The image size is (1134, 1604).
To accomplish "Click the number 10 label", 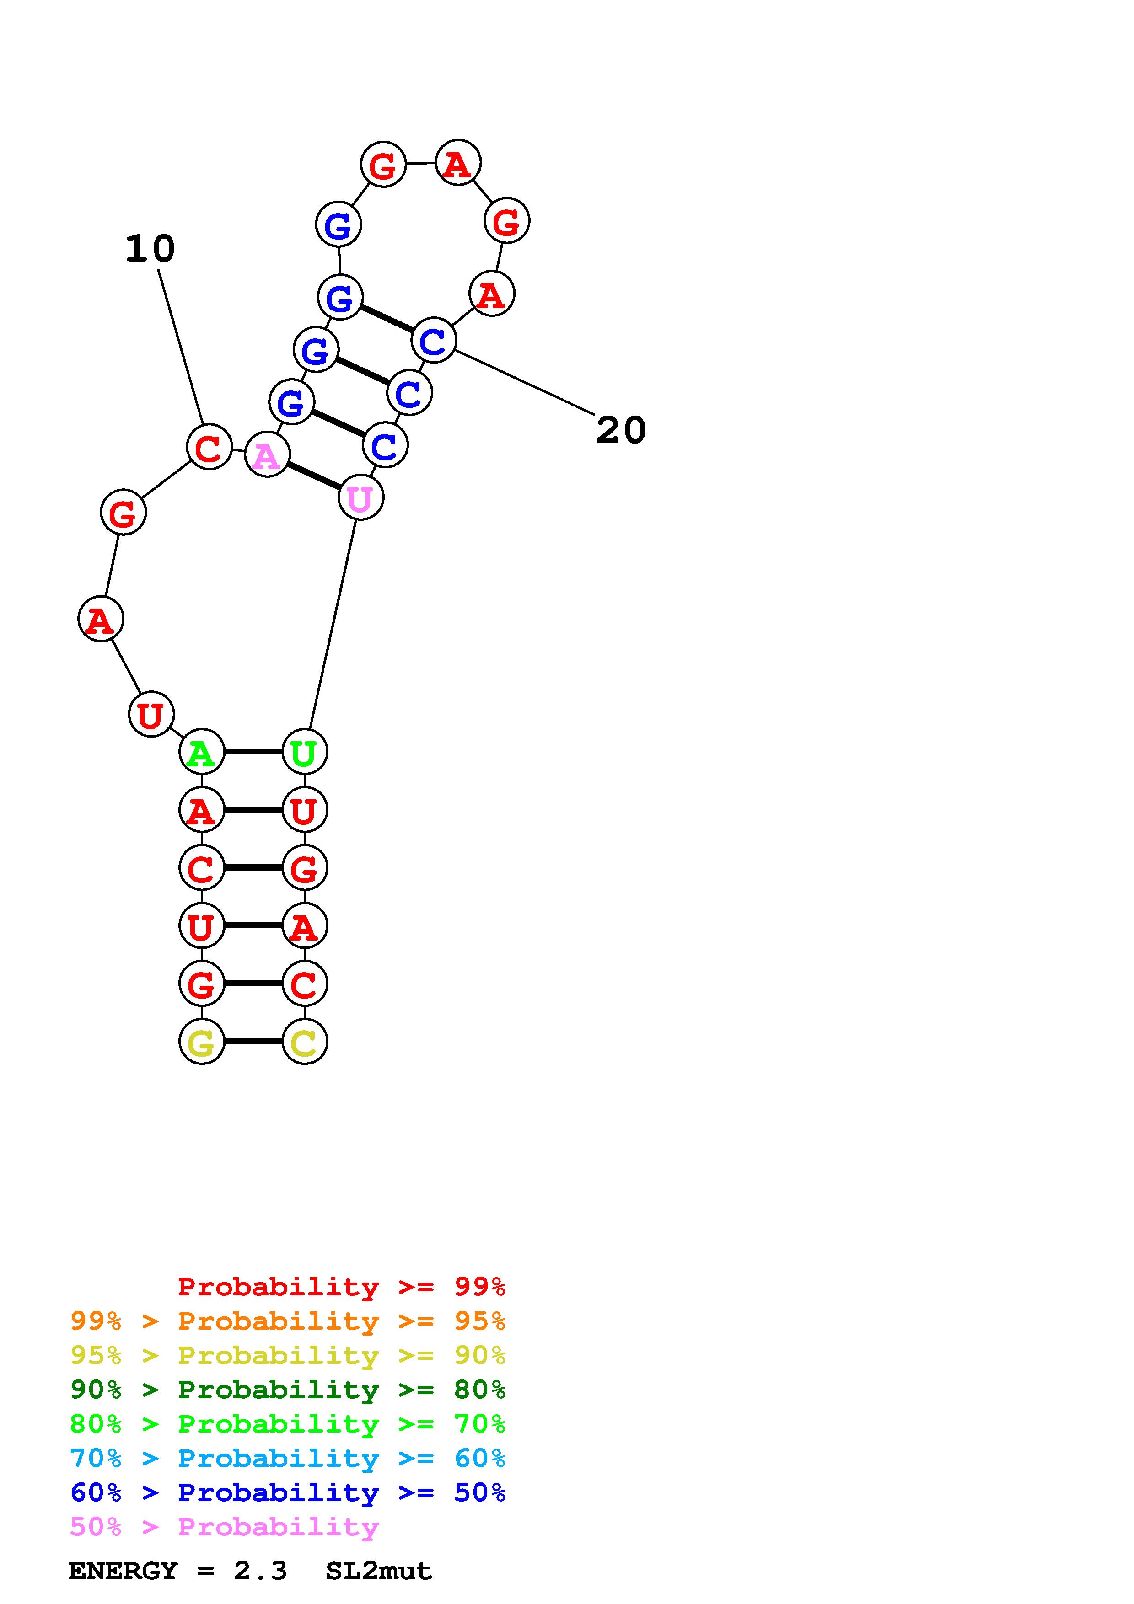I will [150, 249].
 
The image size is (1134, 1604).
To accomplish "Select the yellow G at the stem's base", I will [201, 1042].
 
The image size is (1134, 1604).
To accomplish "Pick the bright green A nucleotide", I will [201, 752].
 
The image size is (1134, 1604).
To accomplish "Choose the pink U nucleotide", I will [360, 498].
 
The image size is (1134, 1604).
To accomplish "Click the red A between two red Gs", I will [457, 164].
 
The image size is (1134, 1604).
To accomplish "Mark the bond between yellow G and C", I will [253, 1042].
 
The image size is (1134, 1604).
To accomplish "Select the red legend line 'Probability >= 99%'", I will [341, 1286].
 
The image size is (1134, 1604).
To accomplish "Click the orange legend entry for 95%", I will [287, 1321].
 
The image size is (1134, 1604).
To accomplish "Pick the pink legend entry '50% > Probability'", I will [224, 1527].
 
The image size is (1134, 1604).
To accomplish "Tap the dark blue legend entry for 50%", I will [287, 1493].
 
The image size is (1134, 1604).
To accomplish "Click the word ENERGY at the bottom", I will [123, 1571].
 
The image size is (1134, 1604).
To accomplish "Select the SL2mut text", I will [379, 1571].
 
